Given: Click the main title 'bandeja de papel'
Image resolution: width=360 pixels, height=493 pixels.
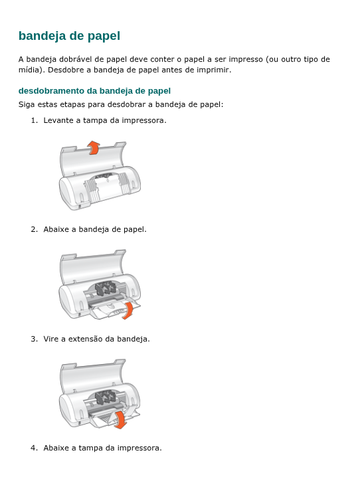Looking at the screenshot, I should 69,36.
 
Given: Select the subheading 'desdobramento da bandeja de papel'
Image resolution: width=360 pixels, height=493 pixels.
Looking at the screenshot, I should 94,90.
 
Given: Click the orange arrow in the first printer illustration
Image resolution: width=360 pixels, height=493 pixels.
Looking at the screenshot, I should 94,148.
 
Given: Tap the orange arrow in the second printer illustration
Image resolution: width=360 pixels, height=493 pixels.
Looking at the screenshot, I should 133,309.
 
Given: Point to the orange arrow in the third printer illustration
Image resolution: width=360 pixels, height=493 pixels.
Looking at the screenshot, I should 120,419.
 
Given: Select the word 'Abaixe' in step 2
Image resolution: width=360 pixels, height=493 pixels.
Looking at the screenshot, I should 56,229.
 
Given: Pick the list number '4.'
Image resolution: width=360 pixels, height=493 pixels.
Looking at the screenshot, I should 34,448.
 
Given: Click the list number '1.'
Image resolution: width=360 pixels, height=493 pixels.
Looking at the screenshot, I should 34,120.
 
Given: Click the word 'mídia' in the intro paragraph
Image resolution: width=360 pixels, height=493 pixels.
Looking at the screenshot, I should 30,69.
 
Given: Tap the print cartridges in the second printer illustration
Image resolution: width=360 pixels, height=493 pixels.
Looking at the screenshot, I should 103,289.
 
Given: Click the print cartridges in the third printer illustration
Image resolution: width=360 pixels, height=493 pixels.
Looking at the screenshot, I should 103,398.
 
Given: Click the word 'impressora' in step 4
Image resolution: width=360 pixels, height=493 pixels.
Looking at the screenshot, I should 138,448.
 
